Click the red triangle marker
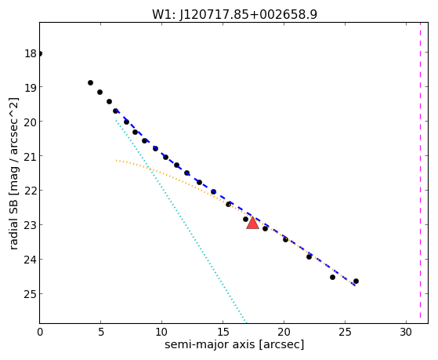tap(252, 223)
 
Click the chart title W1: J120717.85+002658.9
tap(234, 14)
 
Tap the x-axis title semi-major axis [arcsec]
tap(234, 344)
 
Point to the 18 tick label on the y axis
tap(31, 53)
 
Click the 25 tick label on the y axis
tap(31, 294)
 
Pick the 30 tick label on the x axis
tap(406, 332)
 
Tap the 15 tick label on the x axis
tap(223, 332)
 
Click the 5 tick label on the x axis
tap(100, 332)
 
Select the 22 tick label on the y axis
tap(31, 191)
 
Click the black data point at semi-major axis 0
tap(40, 53)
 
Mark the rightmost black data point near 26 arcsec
tap(356, 281)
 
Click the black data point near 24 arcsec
tap(332, 277)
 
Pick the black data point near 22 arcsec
tap(309, 256)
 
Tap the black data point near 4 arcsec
tap(90, 83)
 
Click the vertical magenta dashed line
tap(420, 171)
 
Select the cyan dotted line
tap(180, 220)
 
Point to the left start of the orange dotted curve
tap(116, 161)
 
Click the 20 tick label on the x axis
tap(284, 332)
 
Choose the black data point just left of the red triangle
tap(245, 219)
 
